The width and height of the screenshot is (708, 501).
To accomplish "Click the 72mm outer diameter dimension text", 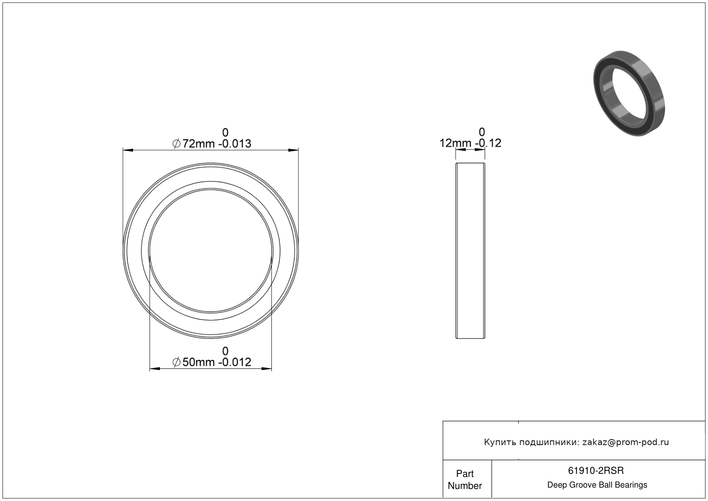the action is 198,144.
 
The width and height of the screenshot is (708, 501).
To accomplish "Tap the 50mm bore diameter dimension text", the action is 198,362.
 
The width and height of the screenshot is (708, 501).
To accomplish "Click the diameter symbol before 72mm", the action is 176,144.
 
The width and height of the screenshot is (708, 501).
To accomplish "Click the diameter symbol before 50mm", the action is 176,362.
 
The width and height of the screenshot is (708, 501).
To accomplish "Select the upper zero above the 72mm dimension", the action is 225,132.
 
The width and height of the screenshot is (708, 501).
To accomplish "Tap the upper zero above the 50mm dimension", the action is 225,351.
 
